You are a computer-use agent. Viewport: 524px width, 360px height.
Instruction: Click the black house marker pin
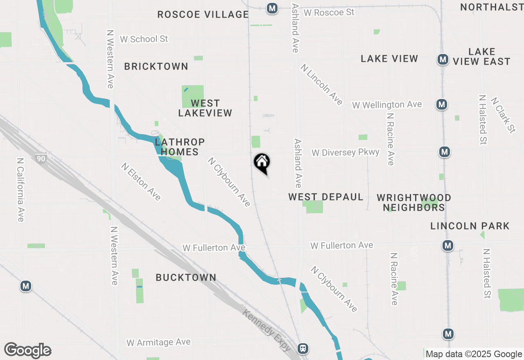click(262, 162)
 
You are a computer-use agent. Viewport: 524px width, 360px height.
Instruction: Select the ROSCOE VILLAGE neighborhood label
click(203, 15)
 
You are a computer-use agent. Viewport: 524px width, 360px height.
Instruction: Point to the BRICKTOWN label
click(156, 66)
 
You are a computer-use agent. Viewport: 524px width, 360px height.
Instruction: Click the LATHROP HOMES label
click(180, 147)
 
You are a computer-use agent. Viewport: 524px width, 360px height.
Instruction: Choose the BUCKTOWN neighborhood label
click(186, 277)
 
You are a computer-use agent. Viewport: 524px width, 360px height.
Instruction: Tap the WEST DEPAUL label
click(326, 197)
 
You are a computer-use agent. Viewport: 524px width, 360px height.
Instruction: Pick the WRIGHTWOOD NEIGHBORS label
click(414, 202)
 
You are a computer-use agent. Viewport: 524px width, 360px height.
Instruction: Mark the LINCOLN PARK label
click(470, 226)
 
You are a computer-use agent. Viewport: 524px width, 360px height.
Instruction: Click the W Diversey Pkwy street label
click(346, 153)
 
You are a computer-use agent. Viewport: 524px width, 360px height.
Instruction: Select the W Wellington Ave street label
click(387, 105)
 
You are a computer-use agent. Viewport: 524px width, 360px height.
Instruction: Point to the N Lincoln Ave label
click(321, 84)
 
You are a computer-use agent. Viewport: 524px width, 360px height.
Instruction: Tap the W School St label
click(144, 39)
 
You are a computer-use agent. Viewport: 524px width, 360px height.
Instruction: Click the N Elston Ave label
click(141, 181)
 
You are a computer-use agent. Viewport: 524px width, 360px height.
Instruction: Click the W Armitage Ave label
click(158, 342)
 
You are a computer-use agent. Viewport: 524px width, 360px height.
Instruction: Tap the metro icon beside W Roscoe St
click(272, 8)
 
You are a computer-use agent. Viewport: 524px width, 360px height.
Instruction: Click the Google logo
click(28, 351)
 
